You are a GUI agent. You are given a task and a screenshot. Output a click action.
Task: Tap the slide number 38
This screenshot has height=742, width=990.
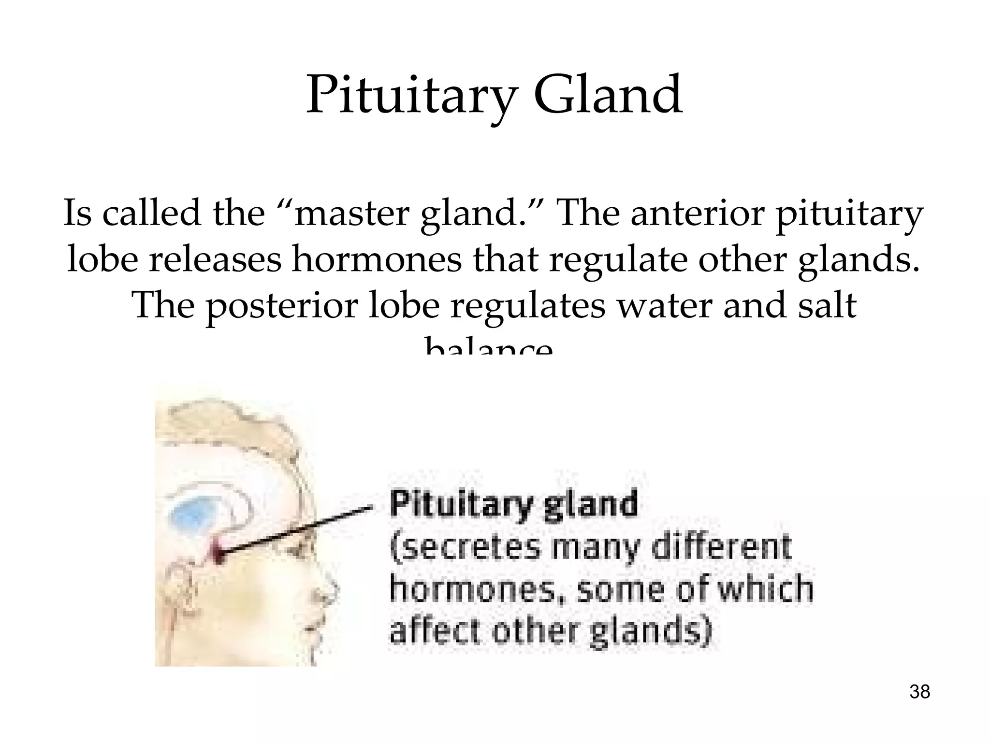(919, 692)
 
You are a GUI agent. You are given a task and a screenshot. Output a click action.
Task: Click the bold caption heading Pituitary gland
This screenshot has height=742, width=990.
(513, 505)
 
